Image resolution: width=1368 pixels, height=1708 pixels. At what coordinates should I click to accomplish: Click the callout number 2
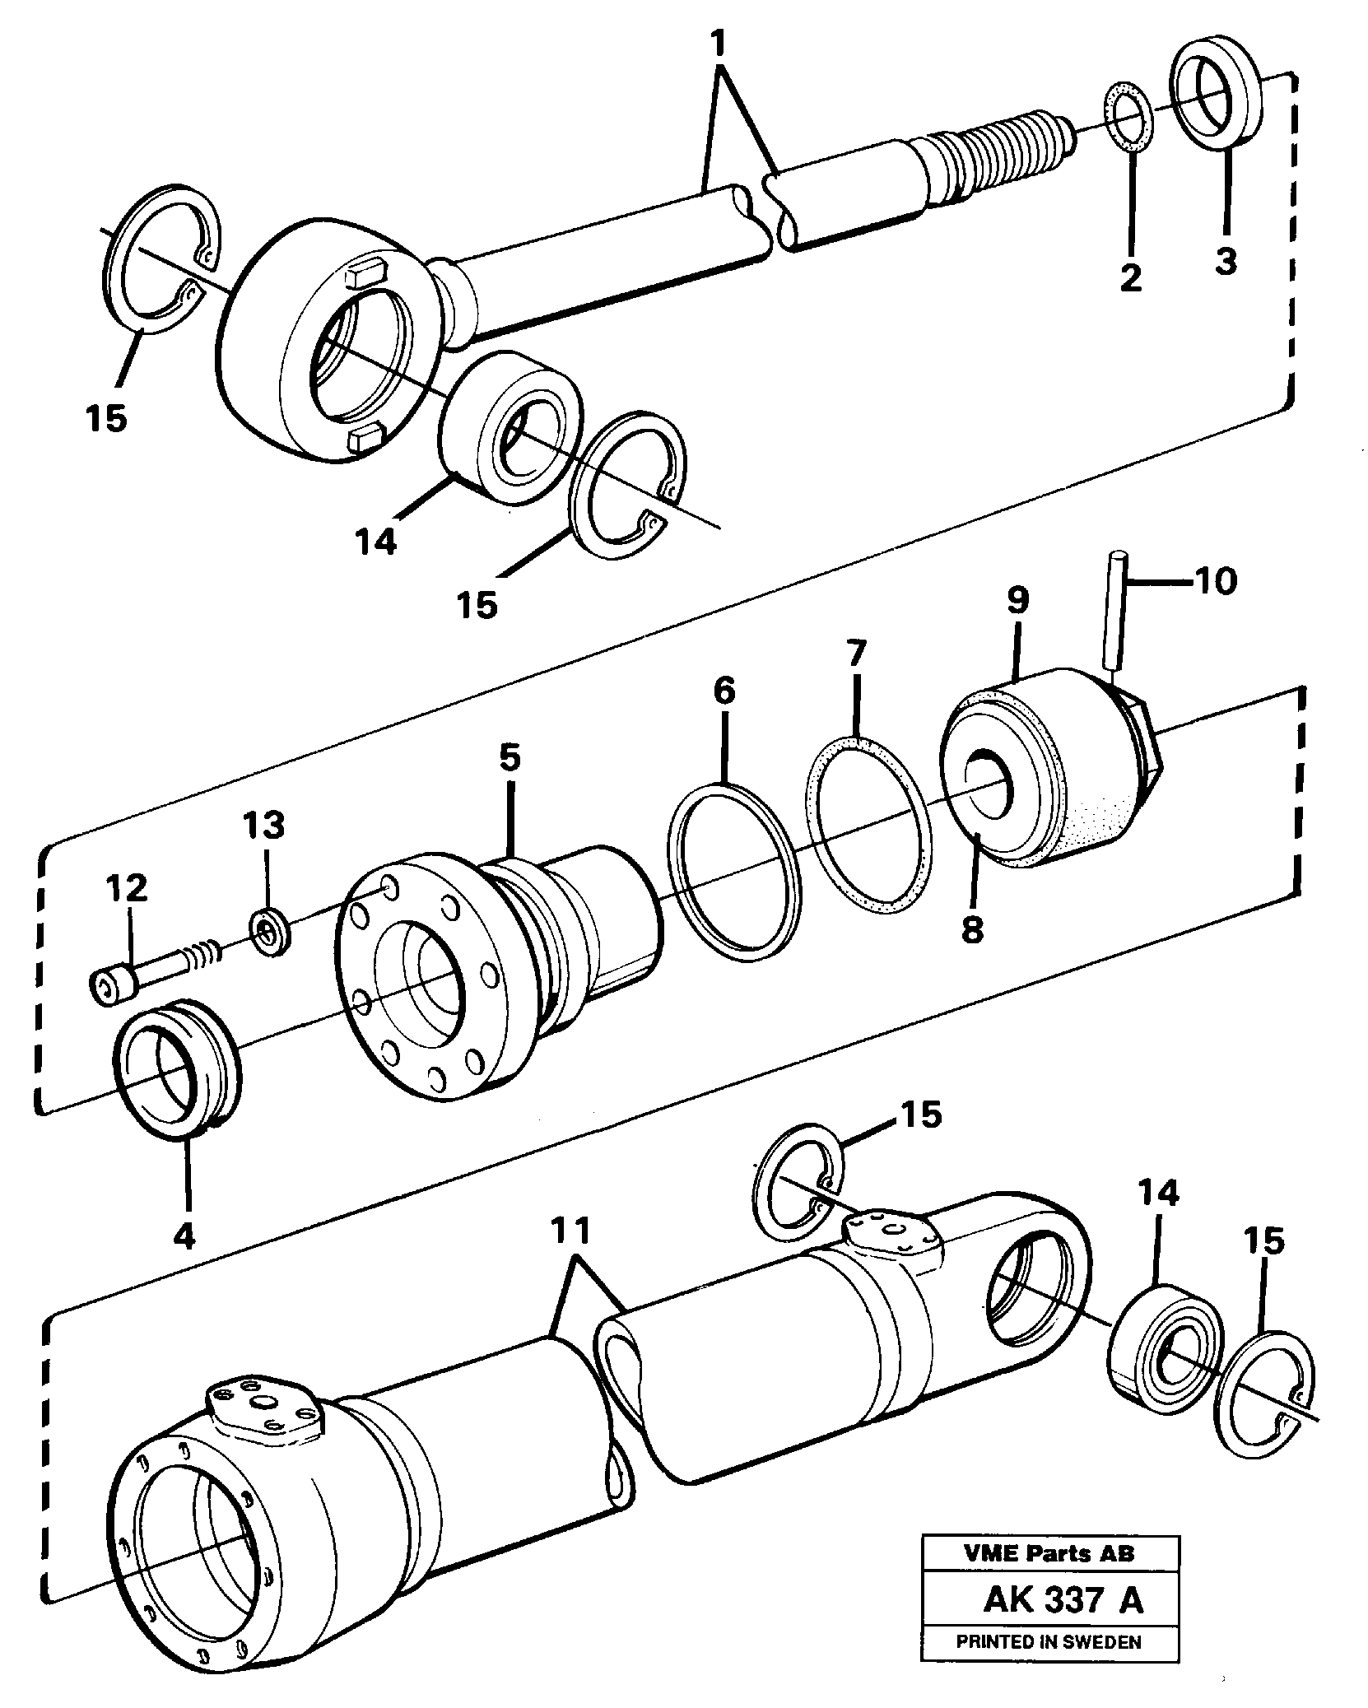coord(1131,277)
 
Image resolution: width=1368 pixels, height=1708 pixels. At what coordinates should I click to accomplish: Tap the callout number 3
coord(1226,261)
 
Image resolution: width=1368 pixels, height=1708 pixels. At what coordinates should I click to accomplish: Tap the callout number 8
coord(972,931)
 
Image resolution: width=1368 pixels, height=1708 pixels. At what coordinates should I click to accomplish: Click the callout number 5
coord(510,758)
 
